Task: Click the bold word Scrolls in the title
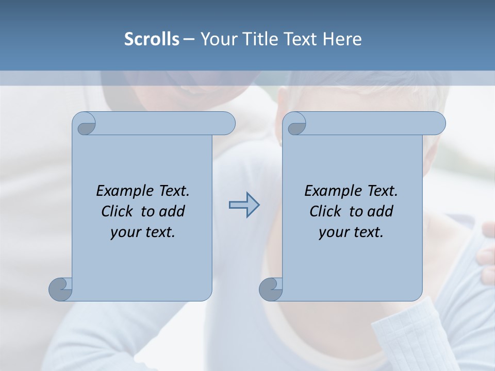click(x=152, y=39)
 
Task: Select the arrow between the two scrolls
click(x=244, y=205)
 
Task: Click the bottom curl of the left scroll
click(x=60, y=289)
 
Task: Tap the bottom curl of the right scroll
click(x=271, y=289)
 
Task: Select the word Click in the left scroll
click(x=117, y=211)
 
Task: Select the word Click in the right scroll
click(x=325, y=211)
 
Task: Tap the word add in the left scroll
click(x=172, y=211)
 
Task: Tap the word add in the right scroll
click(x=381, y=211)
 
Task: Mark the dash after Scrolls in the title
click(x=189, y=39)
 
